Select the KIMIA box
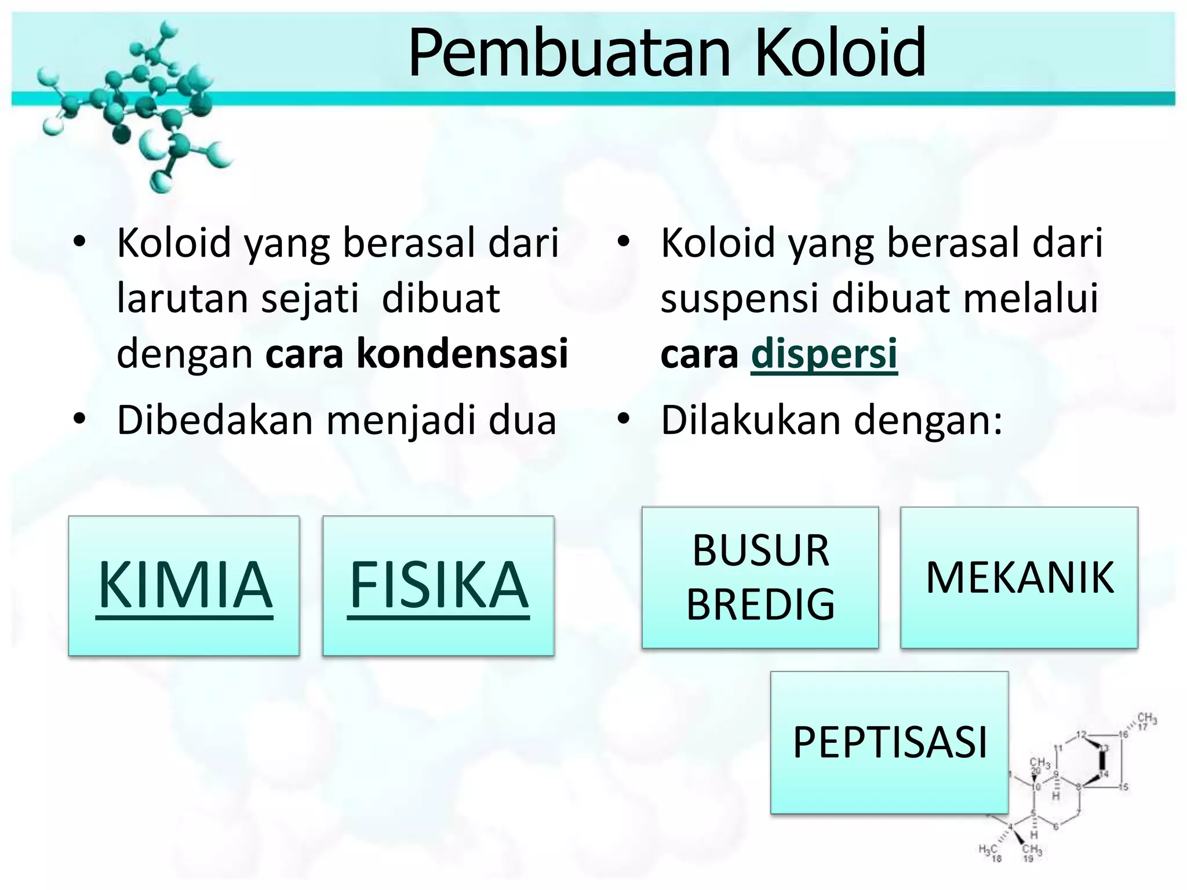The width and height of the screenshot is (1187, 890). click(x=184, y=585)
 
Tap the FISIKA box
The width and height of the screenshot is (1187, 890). click(x=438, y=585)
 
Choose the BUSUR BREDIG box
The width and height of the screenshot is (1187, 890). click(x=760, y=577)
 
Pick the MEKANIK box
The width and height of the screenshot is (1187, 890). click(x=1019, y=577)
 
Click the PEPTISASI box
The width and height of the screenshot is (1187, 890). click(x=889, y=742)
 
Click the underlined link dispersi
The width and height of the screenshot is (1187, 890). click(x=824, y=353)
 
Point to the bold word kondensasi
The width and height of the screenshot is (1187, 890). click(x=462, y=353)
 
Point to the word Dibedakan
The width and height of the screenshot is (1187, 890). click(x=214, y=420)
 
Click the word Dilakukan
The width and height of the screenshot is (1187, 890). click(x=751, y=420)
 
